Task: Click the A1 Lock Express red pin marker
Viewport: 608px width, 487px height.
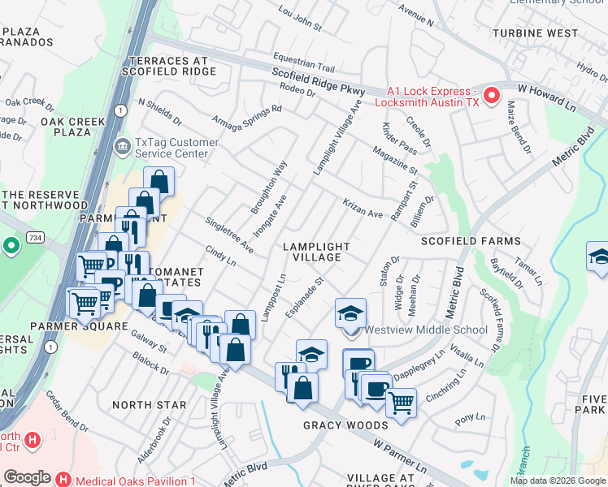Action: pyautogui.click(x=492, y=97)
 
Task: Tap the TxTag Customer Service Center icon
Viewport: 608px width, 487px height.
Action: pyautogui.click(x=122, y=147)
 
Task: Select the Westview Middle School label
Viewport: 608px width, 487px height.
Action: pyautogui.click(x=426, y=330)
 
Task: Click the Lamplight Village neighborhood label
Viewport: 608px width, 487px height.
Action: pyautogui.click(x=316, y=252)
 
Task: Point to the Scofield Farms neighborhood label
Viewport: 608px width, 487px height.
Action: pyautogui.click(x=470, y=242)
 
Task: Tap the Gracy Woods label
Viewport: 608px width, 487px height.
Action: pyautogui.click(x=345, y=425)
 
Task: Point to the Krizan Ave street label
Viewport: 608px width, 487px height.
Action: pyautogui.click(x=363, y=209)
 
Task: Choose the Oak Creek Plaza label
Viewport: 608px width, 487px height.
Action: pyautogui.click(x=73, y=127)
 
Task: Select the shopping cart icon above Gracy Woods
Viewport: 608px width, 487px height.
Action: pyautogui.click(x=401, y=401)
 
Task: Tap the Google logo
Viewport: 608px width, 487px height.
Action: pyautogui.click(x=27, y=477)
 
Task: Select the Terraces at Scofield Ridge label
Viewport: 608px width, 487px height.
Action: pyautogui.click(x=167, y=66)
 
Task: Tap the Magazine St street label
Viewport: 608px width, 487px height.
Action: pyautogui.click(x=395, y=161)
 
